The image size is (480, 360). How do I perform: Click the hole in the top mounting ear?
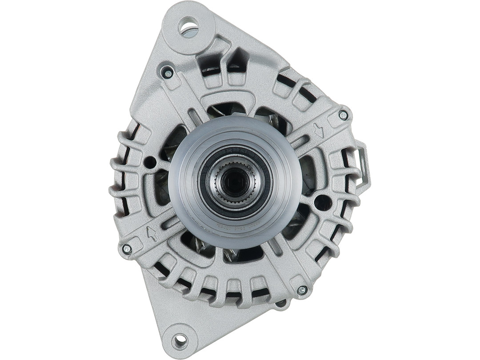pyautogui.click(x=188, y=26)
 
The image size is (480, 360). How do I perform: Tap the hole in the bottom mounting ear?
pyautogui.click(x=180, y=341)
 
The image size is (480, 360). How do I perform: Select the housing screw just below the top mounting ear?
pyautogui.click(x=167, y=72)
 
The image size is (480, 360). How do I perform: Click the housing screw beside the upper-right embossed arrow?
pyautogui.click(x=343, y=115)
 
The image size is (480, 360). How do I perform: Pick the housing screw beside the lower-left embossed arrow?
pyautogui.click(x=127, y=249)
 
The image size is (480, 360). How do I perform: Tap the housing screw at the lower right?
pyautogui.click(x=302, y=290)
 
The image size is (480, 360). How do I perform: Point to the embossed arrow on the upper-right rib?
pyautogui.click(x=319, y=130)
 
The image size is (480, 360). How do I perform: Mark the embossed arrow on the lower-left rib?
pyautogui.click(x=152, y=233)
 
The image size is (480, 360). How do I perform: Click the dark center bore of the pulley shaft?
pyautogui.click(x=234, y=180)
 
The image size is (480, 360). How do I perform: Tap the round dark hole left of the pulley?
pyautogui.click(x=150, y=162)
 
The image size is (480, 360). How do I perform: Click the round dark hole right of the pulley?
pyautogui.click(x=322, y=203)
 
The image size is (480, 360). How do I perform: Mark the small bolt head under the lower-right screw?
pyautogui.click(x=281, y=304)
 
